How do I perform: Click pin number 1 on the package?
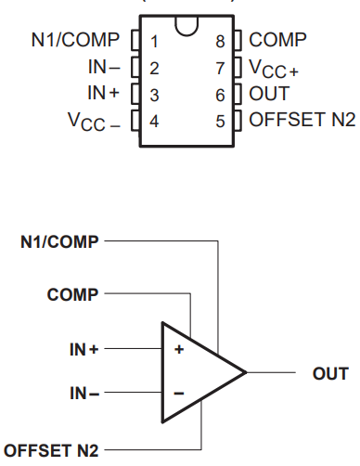154,41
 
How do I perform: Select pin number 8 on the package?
219,41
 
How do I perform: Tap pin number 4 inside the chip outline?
154,120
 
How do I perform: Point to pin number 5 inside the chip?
219,120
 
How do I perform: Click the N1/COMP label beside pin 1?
76,41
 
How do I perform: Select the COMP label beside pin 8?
280,41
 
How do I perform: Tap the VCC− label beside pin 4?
96,122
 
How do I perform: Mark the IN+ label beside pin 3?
103,94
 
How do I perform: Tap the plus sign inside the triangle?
179,349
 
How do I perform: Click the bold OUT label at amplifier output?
330,373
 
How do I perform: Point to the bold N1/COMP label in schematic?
59,242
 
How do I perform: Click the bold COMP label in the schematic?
72,295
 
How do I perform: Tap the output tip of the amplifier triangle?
246,373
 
